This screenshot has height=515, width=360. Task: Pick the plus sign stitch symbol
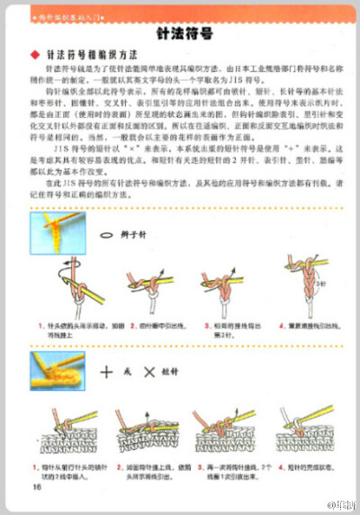[107, 370]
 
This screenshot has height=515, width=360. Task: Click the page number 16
[38, 486]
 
